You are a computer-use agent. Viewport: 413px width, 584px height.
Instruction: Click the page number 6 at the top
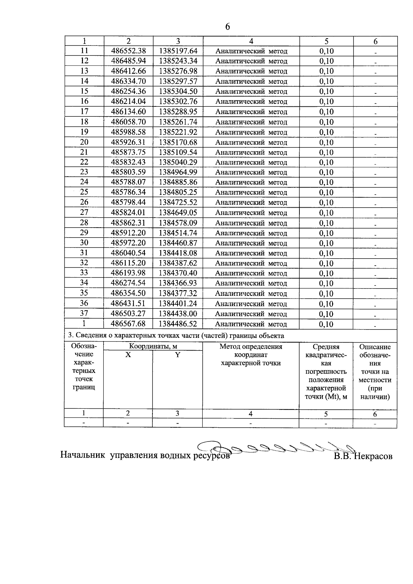point(227,27)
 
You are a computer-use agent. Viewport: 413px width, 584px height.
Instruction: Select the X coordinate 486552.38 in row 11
point(128,51)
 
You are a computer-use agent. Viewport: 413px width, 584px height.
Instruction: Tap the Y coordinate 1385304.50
point(178,91)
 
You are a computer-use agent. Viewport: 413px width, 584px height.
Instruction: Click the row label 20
point(84,142)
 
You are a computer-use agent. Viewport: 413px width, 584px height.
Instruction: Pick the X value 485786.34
point(128,192)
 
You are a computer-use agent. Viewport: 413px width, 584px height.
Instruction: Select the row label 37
point(84,313)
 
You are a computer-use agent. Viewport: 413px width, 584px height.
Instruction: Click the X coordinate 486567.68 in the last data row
point(128,324)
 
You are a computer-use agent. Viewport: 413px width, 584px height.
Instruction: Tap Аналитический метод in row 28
point(251,223)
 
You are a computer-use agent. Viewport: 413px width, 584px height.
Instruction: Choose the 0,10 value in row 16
point(326,102)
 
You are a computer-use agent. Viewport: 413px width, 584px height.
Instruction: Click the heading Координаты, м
point(153,346)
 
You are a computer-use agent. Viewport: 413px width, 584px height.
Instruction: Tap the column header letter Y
point(178,355)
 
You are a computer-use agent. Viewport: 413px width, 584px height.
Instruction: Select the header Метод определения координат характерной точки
point(251,355)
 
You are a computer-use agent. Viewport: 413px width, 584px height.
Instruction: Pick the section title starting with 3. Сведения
point(176,335)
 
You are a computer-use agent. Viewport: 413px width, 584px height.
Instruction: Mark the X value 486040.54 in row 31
point(128,253)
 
